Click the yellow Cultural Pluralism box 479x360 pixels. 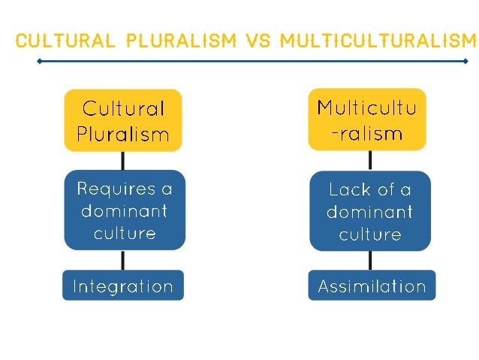pos(122,120)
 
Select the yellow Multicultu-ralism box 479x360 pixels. pos(367,119)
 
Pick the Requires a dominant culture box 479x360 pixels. pos(122,211)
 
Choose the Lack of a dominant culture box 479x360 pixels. pos(369,211)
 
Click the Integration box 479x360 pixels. pos(122,286)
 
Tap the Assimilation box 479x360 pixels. pos(372,286)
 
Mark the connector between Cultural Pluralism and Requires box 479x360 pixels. pos(122,161)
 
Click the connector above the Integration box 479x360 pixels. pos(122,260)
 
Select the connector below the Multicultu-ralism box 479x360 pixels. pos(369,160)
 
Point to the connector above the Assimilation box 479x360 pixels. pos(369,260)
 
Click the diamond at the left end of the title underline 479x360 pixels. pos(40,61)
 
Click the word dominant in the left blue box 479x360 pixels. pos(122,211)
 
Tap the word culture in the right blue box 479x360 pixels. pos(369,234)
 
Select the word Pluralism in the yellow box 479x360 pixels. pos(122,135)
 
